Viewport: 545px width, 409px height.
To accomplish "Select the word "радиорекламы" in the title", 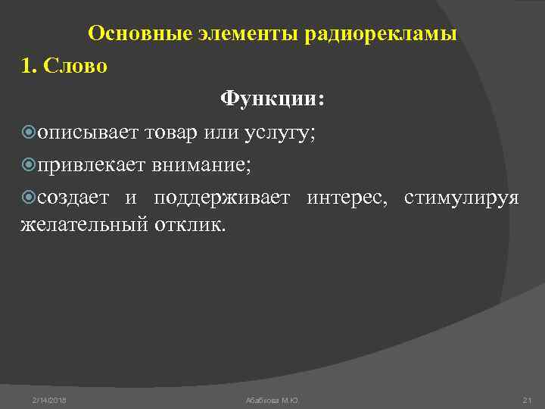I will (381, 34).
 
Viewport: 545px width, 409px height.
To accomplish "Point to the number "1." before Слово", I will (29, 66).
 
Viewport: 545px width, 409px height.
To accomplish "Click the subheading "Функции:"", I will (272, 99).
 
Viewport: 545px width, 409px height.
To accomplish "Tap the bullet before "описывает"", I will (30, 133).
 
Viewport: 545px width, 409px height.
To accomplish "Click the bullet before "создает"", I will (30, 198).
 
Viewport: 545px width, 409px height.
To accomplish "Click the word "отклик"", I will (190, 225).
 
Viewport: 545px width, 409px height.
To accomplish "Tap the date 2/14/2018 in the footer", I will (49, 399).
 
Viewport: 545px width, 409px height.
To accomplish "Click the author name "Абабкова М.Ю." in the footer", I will (272, 399).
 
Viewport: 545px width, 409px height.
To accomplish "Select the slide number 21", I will (528, 399).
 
